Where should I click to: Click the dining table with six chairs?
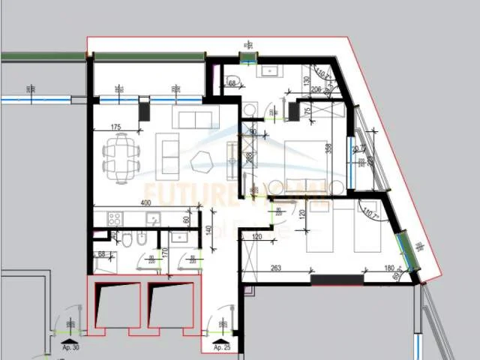tap(121, 157)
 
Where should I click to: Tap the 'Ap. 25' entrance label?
tap(221, 348)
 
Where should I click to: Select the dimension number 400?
tap(145, 203)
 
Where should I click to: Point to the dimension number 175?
tap(115, 128)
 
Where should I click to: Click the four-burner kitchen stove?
tap(115, 219)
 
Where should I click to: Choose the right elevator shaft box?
tap(172, 306)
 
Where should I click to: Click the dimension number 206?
tap(316, 89)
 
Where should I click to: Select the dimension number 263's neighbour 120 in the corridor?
tap(257, 237)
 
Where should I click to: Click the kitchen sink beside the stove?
tap(153, 219)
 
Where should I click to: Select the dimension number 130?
tap(306, 80)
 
